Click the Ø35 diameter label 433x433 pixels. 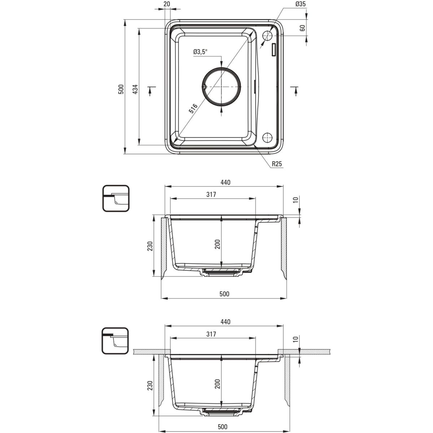(301, 4)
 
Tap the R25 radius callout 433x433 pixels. (277, 164)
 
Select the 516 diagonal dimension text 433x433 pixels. (193, 109)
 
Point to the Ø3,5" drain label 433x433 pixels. (200, 52)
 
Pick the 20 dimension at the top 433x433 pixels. (167, 4)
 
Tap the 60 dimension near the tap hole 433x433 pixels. (303, 28)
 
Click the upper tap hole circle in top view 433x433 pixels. (267, 35)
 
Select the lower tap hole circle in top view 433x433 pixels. (267, 137)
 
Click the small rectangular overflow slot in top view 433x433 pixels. (274, 49)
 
